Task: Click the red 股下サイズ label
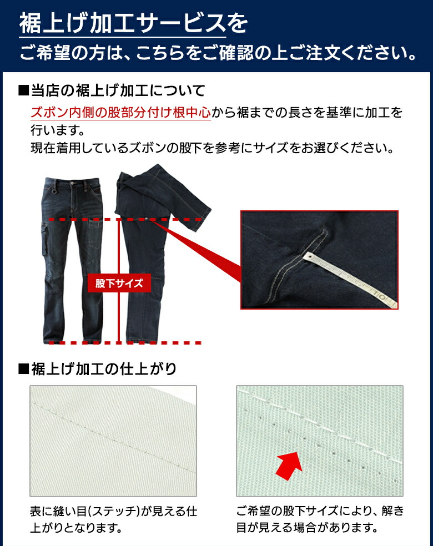(x=119, y=284)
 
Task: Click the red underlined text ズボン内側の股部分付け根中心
(x=120, y=113)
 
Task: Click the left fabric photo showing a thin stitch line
(x=113, y=441)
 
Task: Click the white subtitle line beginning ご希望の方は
(x=216, y=54)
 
